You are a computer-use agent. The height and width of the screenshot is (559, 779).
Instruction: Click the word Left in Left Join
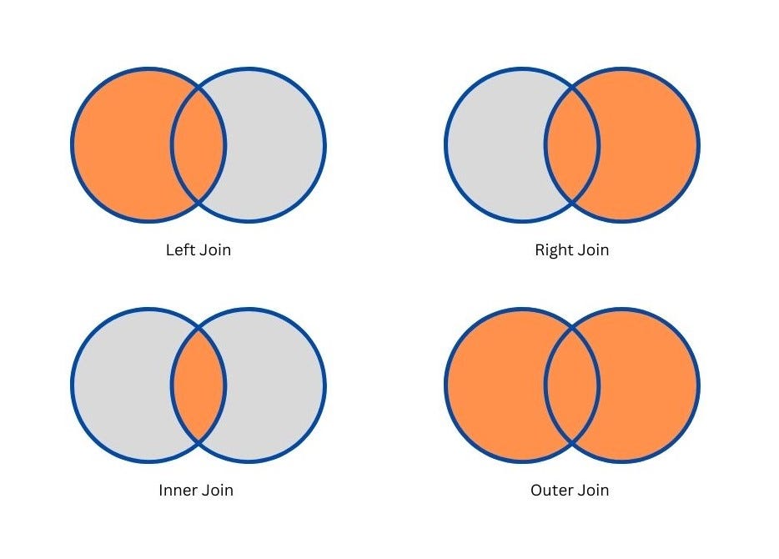pyautogui.click(x=179, y=249)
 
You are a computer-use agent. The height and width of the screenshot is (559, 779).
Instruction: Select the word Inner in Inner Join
pyautogui.click(x=177, y=490)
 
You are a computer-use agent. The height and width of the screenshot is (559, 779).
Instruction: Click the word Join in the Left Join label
pyautogui.click(x=214, y=249)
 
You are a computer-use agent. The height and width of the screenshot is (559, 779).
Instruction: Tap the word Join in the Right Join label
pyautogui.click(x=592, y=249)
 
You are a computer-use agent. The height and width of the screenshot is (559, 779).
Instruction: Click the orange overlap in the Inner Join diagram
pyautogui.click(x=199, y=385)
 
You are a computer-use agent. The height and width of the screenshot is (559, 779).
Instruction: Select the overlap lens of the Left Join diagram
pyautogui.click(x=199, y=145)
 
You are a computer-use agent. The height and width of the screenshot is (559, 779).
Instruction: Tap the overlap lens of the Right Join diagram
pyautogui.click(x=572, y=145)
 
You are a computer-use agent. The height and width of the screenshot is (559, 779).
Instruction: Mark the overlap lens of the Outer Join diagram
pyautogui.click(x=572, y=385)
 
